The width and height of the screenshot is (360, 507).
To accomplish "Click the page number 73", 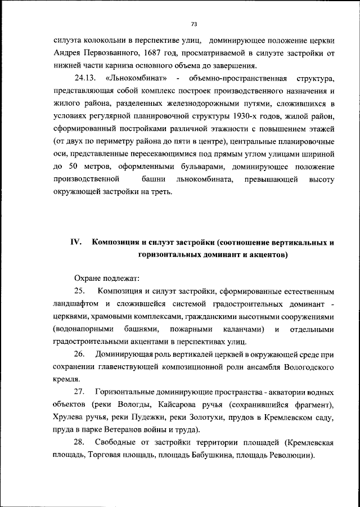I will pos(193,24).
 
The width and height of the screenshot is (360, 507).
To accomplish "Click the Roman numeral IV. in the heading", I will pos(76,242).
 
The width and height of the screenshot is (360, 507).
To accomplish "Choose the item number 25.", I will pos(79,291).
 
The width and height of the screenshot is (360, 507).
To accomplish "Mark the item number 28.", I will pos(79,442).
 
